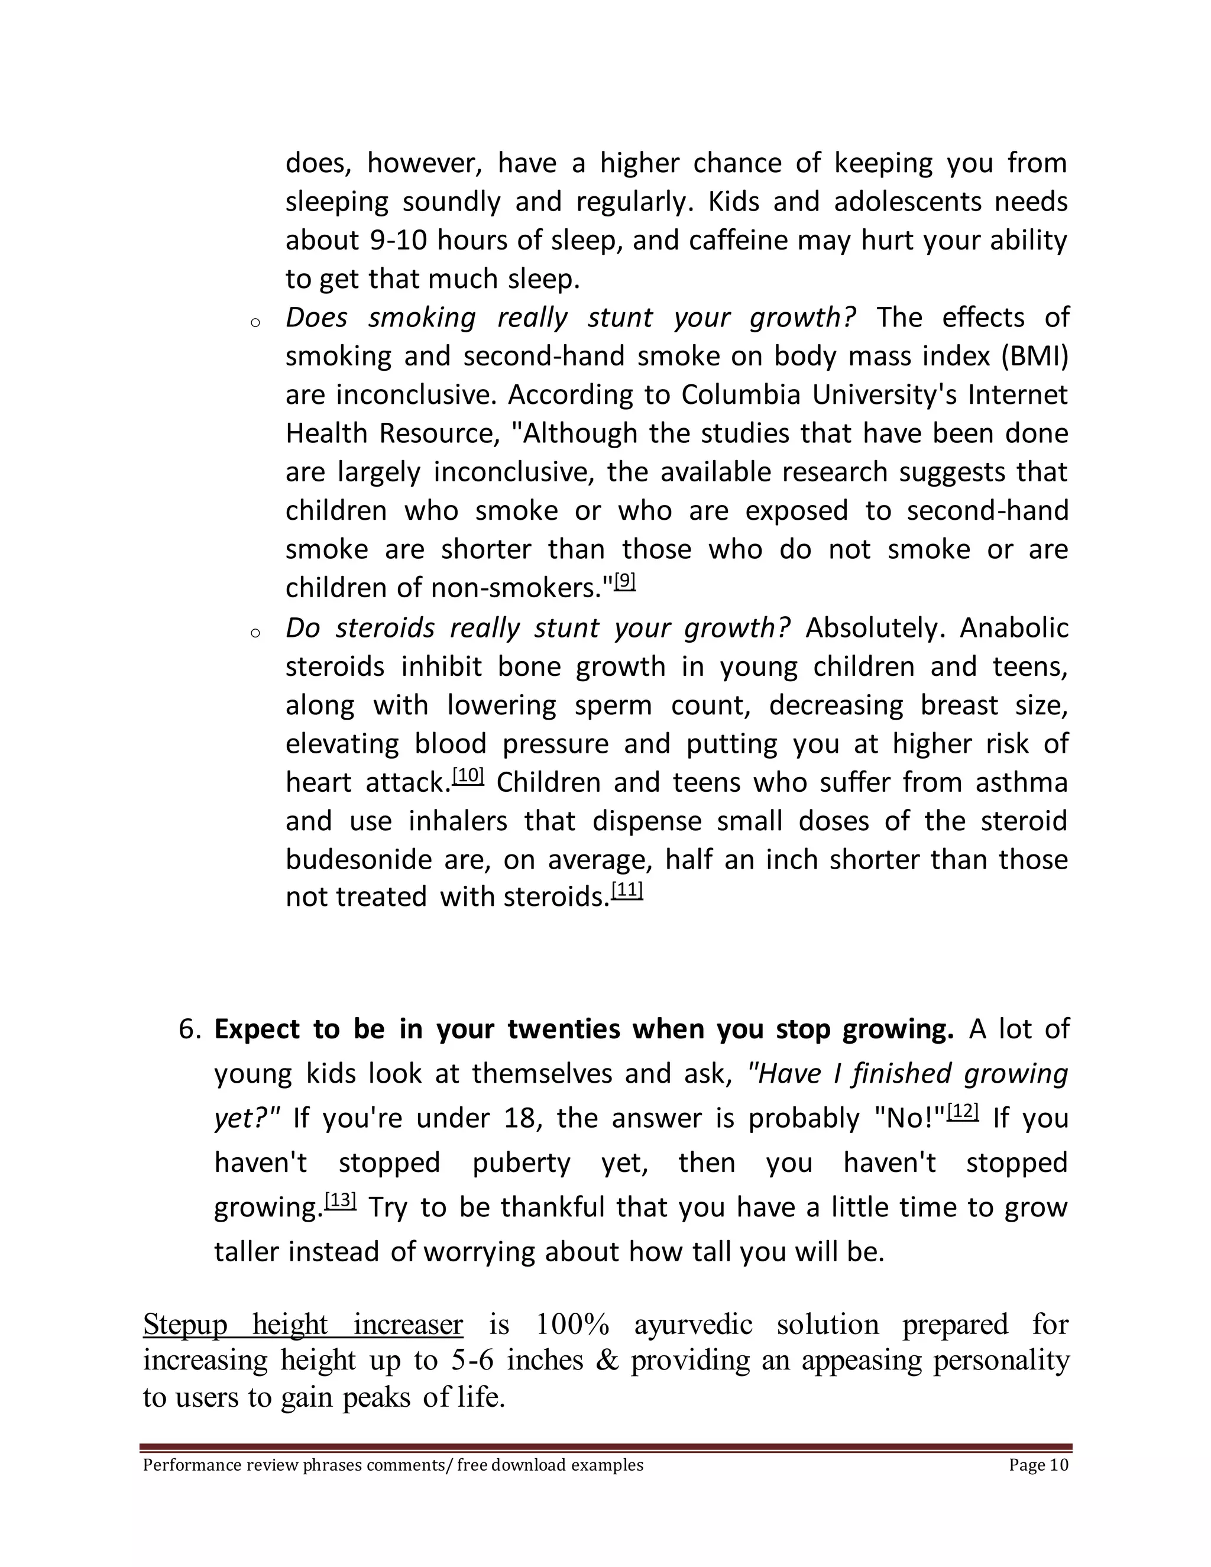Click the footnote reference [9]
coord(626,581)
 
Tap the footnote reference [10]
coord(468,776)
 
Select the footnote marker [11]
coord(627,891)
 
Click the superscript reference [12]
coord(963,1112)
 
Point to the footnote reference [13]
coord(340,1200)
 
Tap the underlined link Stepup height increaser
coord(303,1325)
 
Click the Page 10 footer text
coord(1038,1465)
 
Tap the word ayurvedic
coord(693,1325)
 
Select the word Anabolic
coord(1014,629)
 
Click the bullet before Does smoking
coord(255,323)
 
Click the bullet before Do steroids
coord(255,633)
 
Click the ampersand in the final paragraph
coord(607,1361)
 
